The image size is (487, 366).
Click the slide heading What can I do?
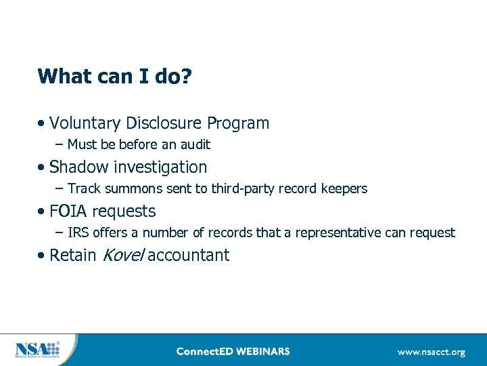pyautogui.click(x=114, y=76)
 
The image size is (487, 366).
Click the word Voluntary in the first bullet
pyautogui.click(x=84, y=123)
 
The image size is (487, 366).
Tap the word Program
pyautogui.click(x=238, y=123)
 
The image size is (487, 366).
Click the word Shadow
pyautogui.click(x=78, y=167)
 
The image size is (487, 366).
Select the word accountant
pyautogui.click(x=189, y=256)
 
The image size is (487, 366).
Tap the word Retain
pyautogui.click(x=72, y=256)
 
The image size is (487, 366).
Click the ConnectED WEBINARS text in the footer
pyautogui.click(x=233, y=351)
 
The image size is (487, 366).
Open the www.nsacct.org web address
pyautogui.click(x=431, y=352)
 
